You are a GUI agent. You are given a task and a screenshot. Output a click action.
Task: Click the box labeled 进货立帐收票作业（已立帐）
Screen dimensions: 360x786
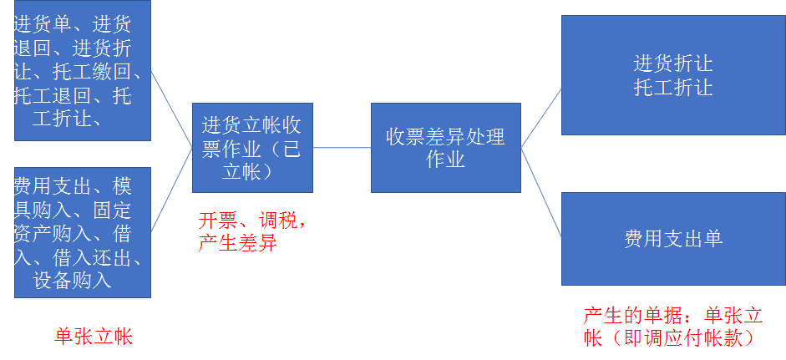(252, 148)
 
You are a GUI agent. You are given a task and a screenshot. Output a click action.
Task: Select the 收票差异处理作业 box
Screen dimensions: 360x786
(445, 148)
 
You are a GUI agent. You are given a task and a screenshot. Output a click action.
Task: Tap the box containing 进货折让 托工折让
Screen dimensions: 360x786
(672, 75)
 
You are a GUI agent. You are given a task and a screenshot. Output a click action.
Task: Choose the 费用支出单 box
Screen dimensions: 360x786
(672, 239)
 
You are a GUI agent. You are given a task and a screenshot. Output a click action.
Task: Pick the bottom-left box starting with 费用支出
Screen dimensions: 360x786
(83, 232)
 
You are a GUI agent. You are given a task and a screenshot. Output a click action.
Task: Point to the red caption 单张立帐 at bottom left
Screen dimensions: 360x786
(94, 336)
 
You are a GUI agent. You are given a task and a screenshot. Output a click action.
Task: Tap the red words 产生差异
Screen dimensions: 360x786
(237, 243)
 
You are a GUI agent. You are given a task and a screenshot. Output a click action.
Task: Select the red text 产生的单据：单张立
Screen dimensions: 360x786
(673, 316)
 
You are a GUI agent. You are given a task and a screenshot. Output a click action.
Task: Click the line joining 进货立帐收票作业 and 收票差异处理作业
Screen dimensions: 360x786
(342, 148)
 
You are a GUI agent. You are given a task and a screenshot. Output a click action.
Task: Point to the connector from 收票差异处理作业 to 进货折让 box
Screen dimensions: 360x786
(541, 118)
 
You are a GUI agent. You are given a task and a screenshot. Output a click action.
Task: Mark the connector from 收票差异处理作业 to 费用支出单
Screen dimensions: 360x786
(541, 193)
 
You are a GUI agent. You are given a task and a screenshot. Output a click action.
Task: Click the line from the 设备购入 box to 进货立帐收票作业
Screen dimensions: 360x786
(171, 190)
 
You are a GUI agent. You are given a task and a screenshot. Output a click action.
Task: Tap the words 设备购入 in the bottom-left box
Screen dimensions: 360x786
(72, 279)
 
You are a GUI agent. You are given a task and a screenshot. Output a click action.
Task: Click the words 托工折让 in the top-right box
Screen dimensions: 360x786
(672, 87)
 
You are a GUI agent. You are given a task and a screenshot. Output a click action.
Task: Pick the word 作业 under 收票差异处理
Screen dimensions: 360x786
(445, 159)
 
